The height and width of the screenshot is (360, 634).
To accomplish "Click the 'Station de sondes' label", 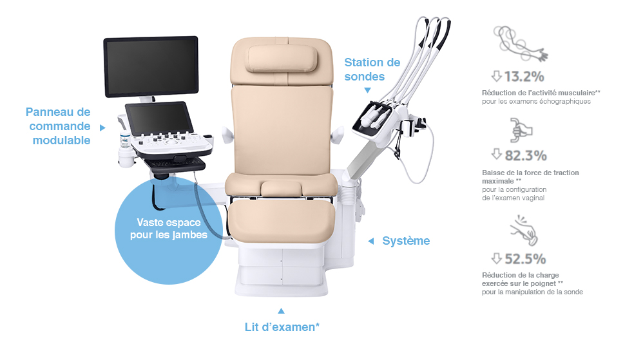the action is [x=372, y=70].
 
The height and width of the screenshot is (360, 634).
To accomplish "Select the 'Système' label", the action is [x=406, y=241].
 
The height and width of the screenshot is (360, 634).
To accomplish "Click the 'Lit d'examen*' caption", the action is [x=282, y=327].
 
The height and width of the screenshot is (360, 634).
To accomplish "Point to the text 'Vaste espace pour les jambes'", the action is [x=169, y=229].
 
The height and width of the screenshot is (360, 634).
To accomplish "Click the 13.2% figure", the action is [x=524, y=77].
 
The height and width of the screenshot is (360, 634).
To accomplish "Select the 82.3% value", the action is [x=526, y=156].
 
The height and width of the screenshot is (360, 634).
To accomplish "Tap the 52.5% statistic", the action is [x=525, y=259].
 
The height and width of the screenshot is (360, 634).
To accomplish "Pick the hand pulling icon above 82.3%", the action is [x=521, y=130].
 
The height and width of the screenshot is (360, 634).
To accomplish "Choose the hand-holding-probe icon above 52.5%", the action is [x=524, y=231].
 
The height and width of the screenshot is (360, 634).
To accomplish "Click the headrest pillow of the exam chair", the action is [x=282, y=59].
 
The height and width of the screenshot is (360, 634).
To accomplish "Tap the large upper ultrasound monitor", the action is [x=151, y=67].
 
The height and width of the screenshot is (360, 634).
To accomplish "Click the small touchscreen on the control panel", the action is [x=158, y=118].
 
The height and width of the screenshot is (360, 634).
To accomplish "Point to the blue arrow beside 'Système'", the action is [x=370, y=242].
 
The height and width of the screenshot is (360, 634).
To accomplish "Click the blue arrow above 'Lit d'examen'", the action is [x=281, y=310].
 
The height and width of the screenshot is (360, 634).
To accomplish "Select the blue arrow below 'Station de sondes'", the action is [x=367, y=91].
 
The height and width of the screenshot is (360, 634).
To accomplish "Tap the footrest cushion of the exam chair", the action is [x=281, y=220].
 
